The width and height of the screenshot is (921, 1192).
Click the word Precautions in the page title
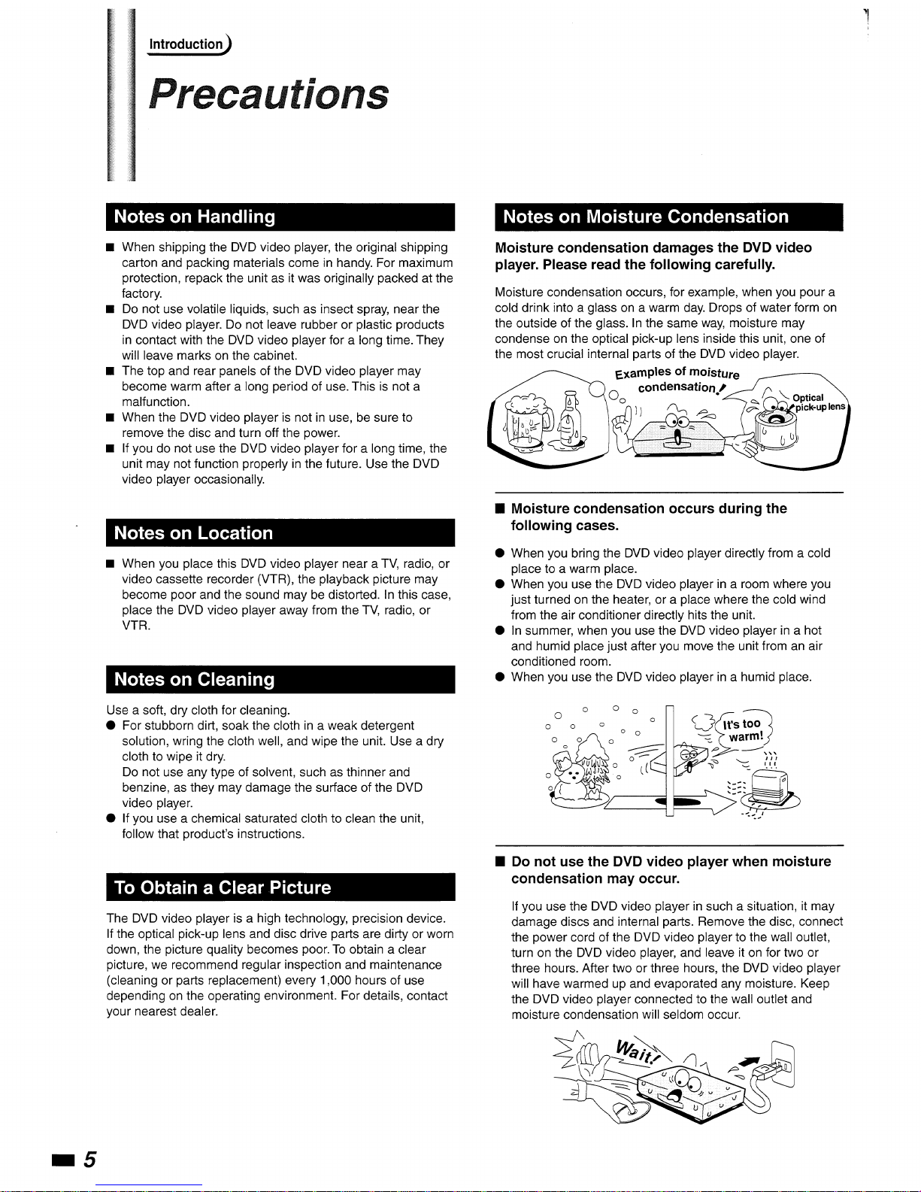[269, 95]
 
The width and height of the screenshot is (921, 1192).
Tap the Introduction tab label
[186, 44]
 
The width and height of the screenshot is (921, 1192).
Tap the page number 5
[89, 1159]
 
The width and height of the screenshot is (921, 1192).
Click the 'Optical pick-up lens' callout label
[815, 402]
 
